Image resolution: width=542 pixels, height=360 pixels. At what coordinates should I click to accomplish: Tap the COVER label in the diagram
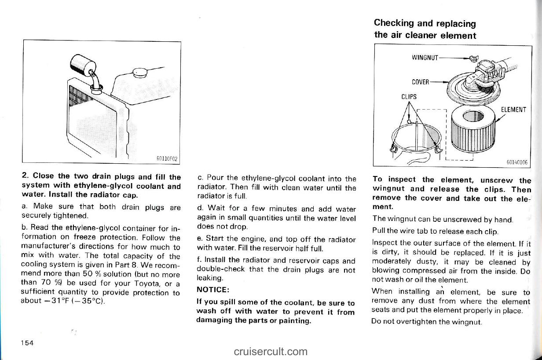coord(421,81)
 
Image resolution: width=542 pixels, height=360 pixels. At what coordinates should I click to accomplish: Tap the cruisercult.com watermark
coord(271,351)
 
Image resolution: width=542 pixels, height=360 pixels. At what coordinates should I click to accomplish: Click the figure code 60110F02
coord(167,159)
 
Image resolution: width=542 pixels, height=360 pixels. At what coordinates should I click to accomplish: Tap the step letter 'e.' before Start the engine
coord(200,240)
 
